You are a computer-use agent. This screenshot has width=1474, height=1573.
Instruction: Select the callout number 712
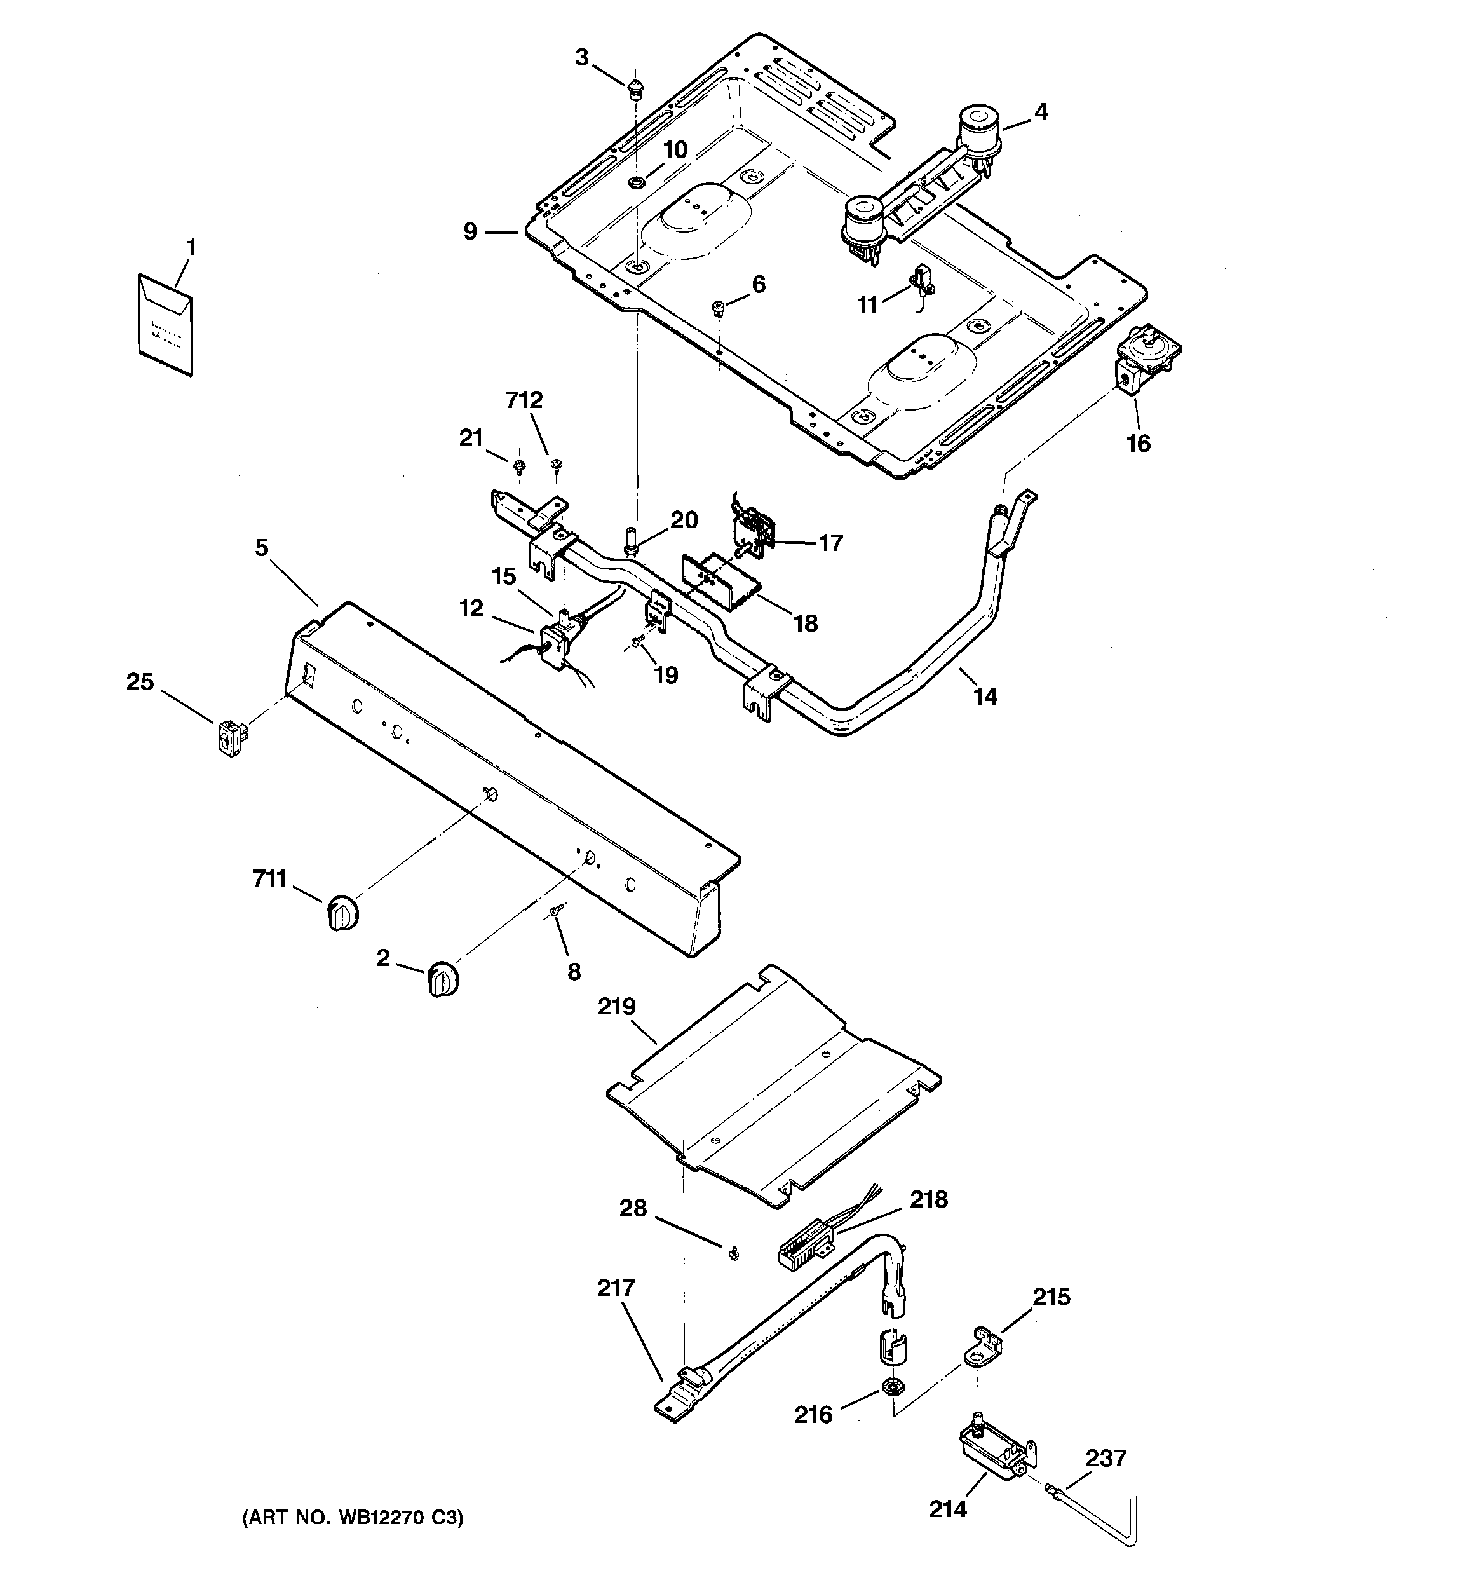click(x=524, y=400)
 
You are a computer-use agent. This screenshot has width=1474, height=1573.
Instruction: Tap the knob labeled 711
click(x=342, y=912)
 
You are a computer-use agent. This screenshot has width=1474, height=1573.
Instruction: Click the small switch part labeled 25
click(x=230, y=737)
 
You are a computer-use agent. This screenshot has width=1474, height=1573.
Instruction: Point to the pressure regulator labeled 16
click(x=1146, y=358)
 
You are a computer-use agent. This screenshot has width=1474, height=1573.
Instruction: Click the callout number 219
click(x=616, y=1007)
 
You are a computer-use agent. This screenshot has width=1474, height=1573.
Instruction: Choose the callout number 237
click(x=1105, y=1457)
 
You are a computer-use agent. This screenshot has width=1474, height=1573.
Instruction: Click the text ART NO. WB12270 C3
click(x=352, y=1518)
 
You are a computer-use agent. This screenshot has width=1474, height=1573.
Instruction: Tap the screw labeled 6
click(x=719, y=307)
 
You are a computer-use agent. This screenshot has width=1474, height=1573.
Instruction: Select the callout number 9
click(x=471, y=232)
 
